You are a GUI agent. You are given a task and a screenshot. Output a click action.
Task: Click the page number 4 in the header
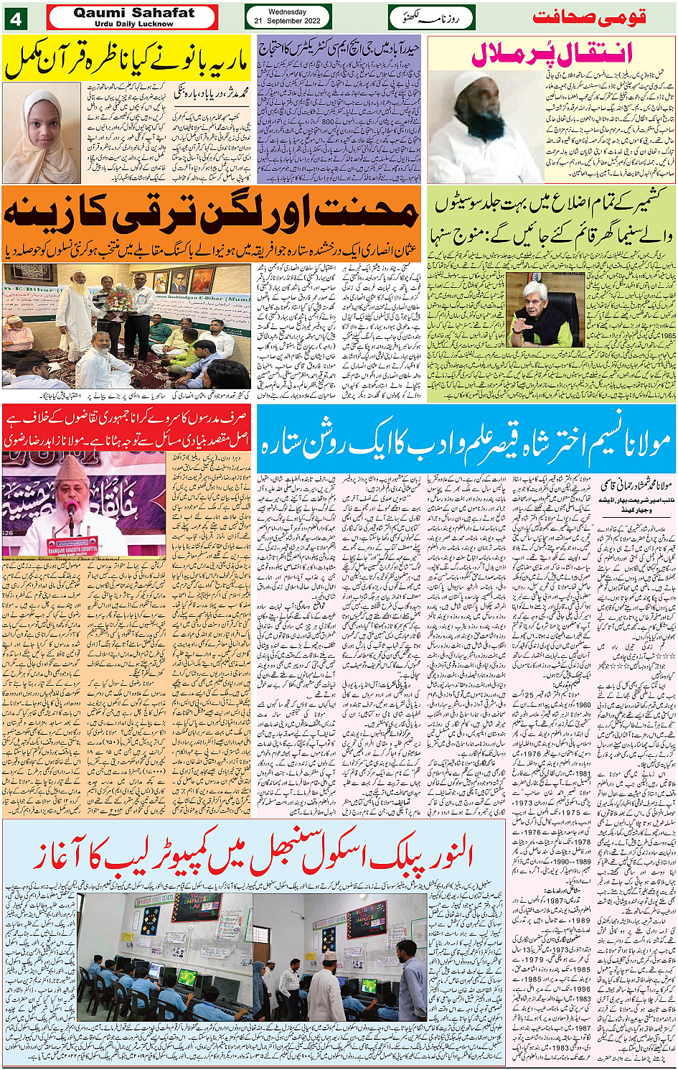point(15,19)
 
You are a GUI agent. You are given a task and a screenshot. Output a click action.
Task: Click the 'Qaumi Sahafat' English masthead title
point(133,12)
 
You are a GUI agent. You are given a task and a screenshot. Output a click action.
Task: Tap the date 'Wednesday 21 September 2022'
point(288,17)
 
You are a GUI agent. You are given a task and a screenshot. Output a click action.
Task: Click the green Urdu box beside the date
point(432,17)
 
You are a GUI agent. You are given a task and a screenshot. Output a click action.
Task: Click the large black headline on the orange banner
point(212,213)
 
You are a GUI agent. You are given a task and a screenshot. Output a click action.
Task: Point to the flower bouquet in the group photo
point(115,297)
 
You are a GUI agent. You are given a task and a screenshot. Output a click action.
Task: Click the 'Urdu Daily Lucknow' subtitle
point(133,24)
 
